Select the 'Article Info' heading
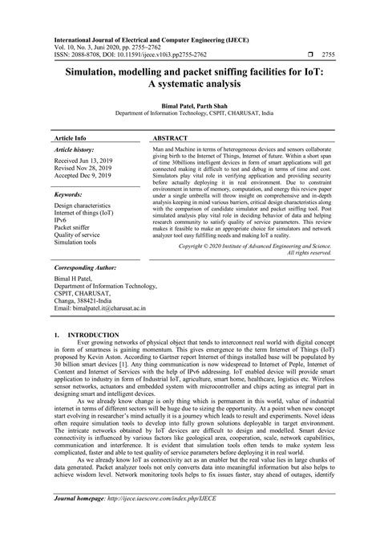click(70, 137)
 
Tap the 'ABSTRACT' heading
click(170, 137)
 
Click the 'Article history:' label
click(75, 150)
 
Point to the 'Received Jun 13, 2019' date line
click(88, 161)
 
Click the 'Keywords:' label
click(69, 194)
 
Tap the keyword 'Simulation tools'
click(79, 238)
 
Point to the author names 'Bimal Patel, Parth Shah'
click(189, 105)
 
